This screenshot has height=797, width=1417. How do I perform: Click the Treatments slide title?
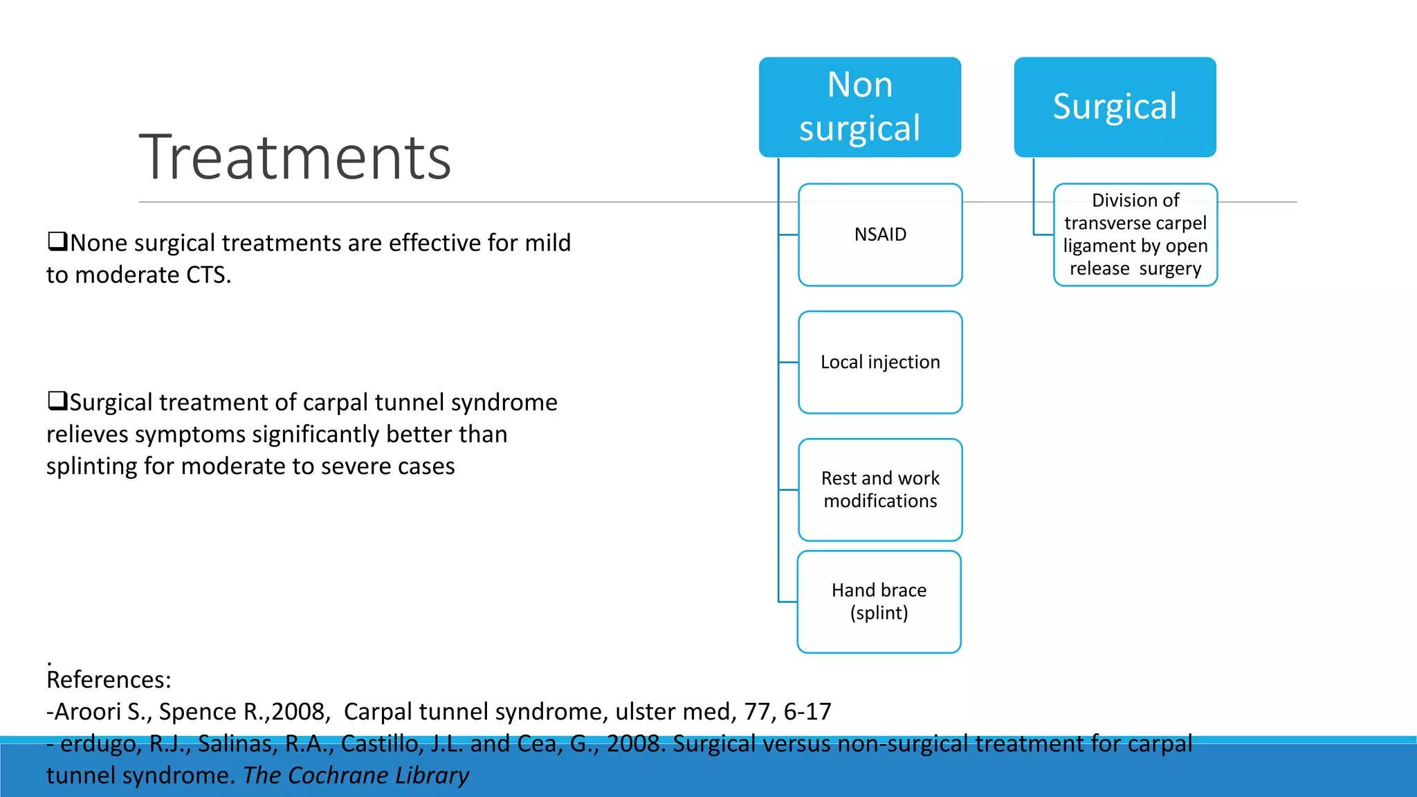coord(295,158)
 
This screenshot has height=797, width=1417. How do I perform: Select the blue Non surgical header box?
coord(859,107)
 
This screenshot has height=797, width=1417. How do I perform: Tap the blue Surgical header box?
coord(1115,107)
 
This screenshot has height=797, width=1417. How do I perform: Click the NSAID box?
coord(880,235)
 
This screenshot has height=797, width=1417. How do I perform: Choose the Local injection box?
coord(880,362)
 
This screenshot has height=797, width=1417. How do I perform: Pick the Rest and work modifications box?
coord(880,489)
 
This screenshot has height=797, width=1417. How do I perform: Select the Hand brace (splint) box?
coord(879,601)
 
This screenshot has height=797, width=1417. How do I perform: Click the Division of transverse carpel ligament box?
coord(1135,235)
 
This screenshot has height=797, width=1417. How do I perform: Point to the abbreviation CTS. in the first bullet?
coord(208,275)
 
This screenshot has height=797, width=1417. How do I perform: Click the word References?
coord(109,679)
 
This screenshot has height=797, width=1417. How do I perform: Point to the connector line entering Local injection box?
coord(789,362)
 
